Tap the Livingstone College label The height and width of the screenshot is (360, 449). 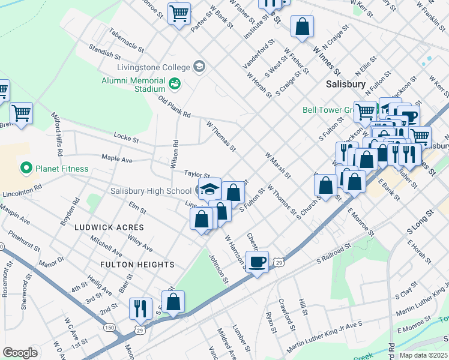tap(152, 67)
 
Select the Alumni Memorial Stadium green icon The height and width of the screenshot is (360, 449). tap(175, 83)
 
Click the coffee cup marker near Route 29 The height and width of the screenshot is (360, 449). tap(258, 262)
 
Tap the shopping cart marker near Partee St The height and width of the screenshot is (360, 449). tap(179, 13)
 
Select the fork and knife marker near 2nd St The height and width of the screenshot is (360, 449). tap(141, 309)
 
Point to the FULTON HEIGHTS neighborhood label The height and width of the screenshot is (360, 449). tap(137, 265)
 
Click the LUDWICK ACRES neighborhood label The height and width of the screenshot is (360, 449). tap(109, 227)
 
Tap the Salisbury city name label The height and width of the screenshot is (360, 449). tap(346, 85)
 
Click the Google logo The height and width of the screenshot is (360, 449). tap(20, 353)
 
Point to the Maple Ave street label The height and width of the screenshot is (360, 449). tap(116, 159)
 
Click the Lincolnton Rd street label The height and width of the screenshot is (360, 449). tap(22, 191)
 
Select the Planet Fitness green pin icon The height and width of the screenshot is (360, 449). tap(26, 169)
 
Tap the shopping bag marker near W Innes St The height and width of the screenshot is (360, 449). tap(302, 27)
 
